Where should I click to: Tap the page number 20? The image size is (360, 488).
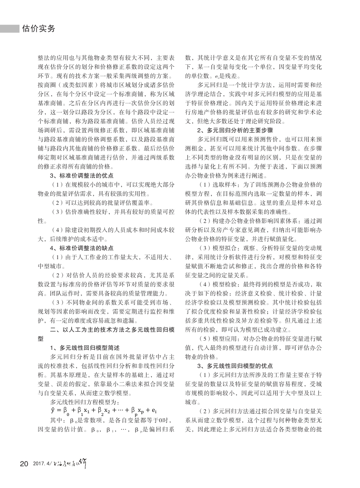(x=24, y=463)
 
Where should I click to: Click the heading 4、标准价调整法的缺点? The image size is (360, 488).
(x=81, y=248)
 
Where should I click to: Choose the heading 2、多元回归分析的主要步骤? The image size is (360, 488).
(x=228, y=129)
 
